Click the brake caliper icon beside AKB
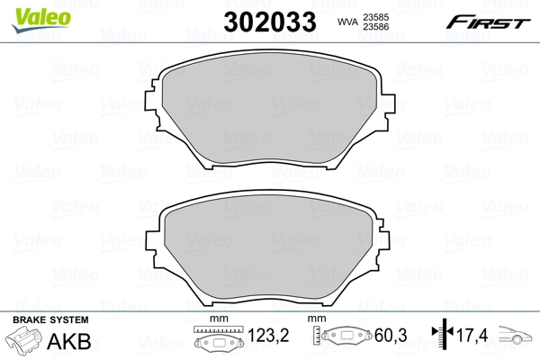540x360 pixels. coord(26,343)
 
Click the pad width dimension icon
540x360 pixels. coord(219,343)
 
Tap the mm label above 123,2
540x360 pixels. coord(218,320)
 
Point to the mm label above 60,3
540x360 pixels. coord(317,320)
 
